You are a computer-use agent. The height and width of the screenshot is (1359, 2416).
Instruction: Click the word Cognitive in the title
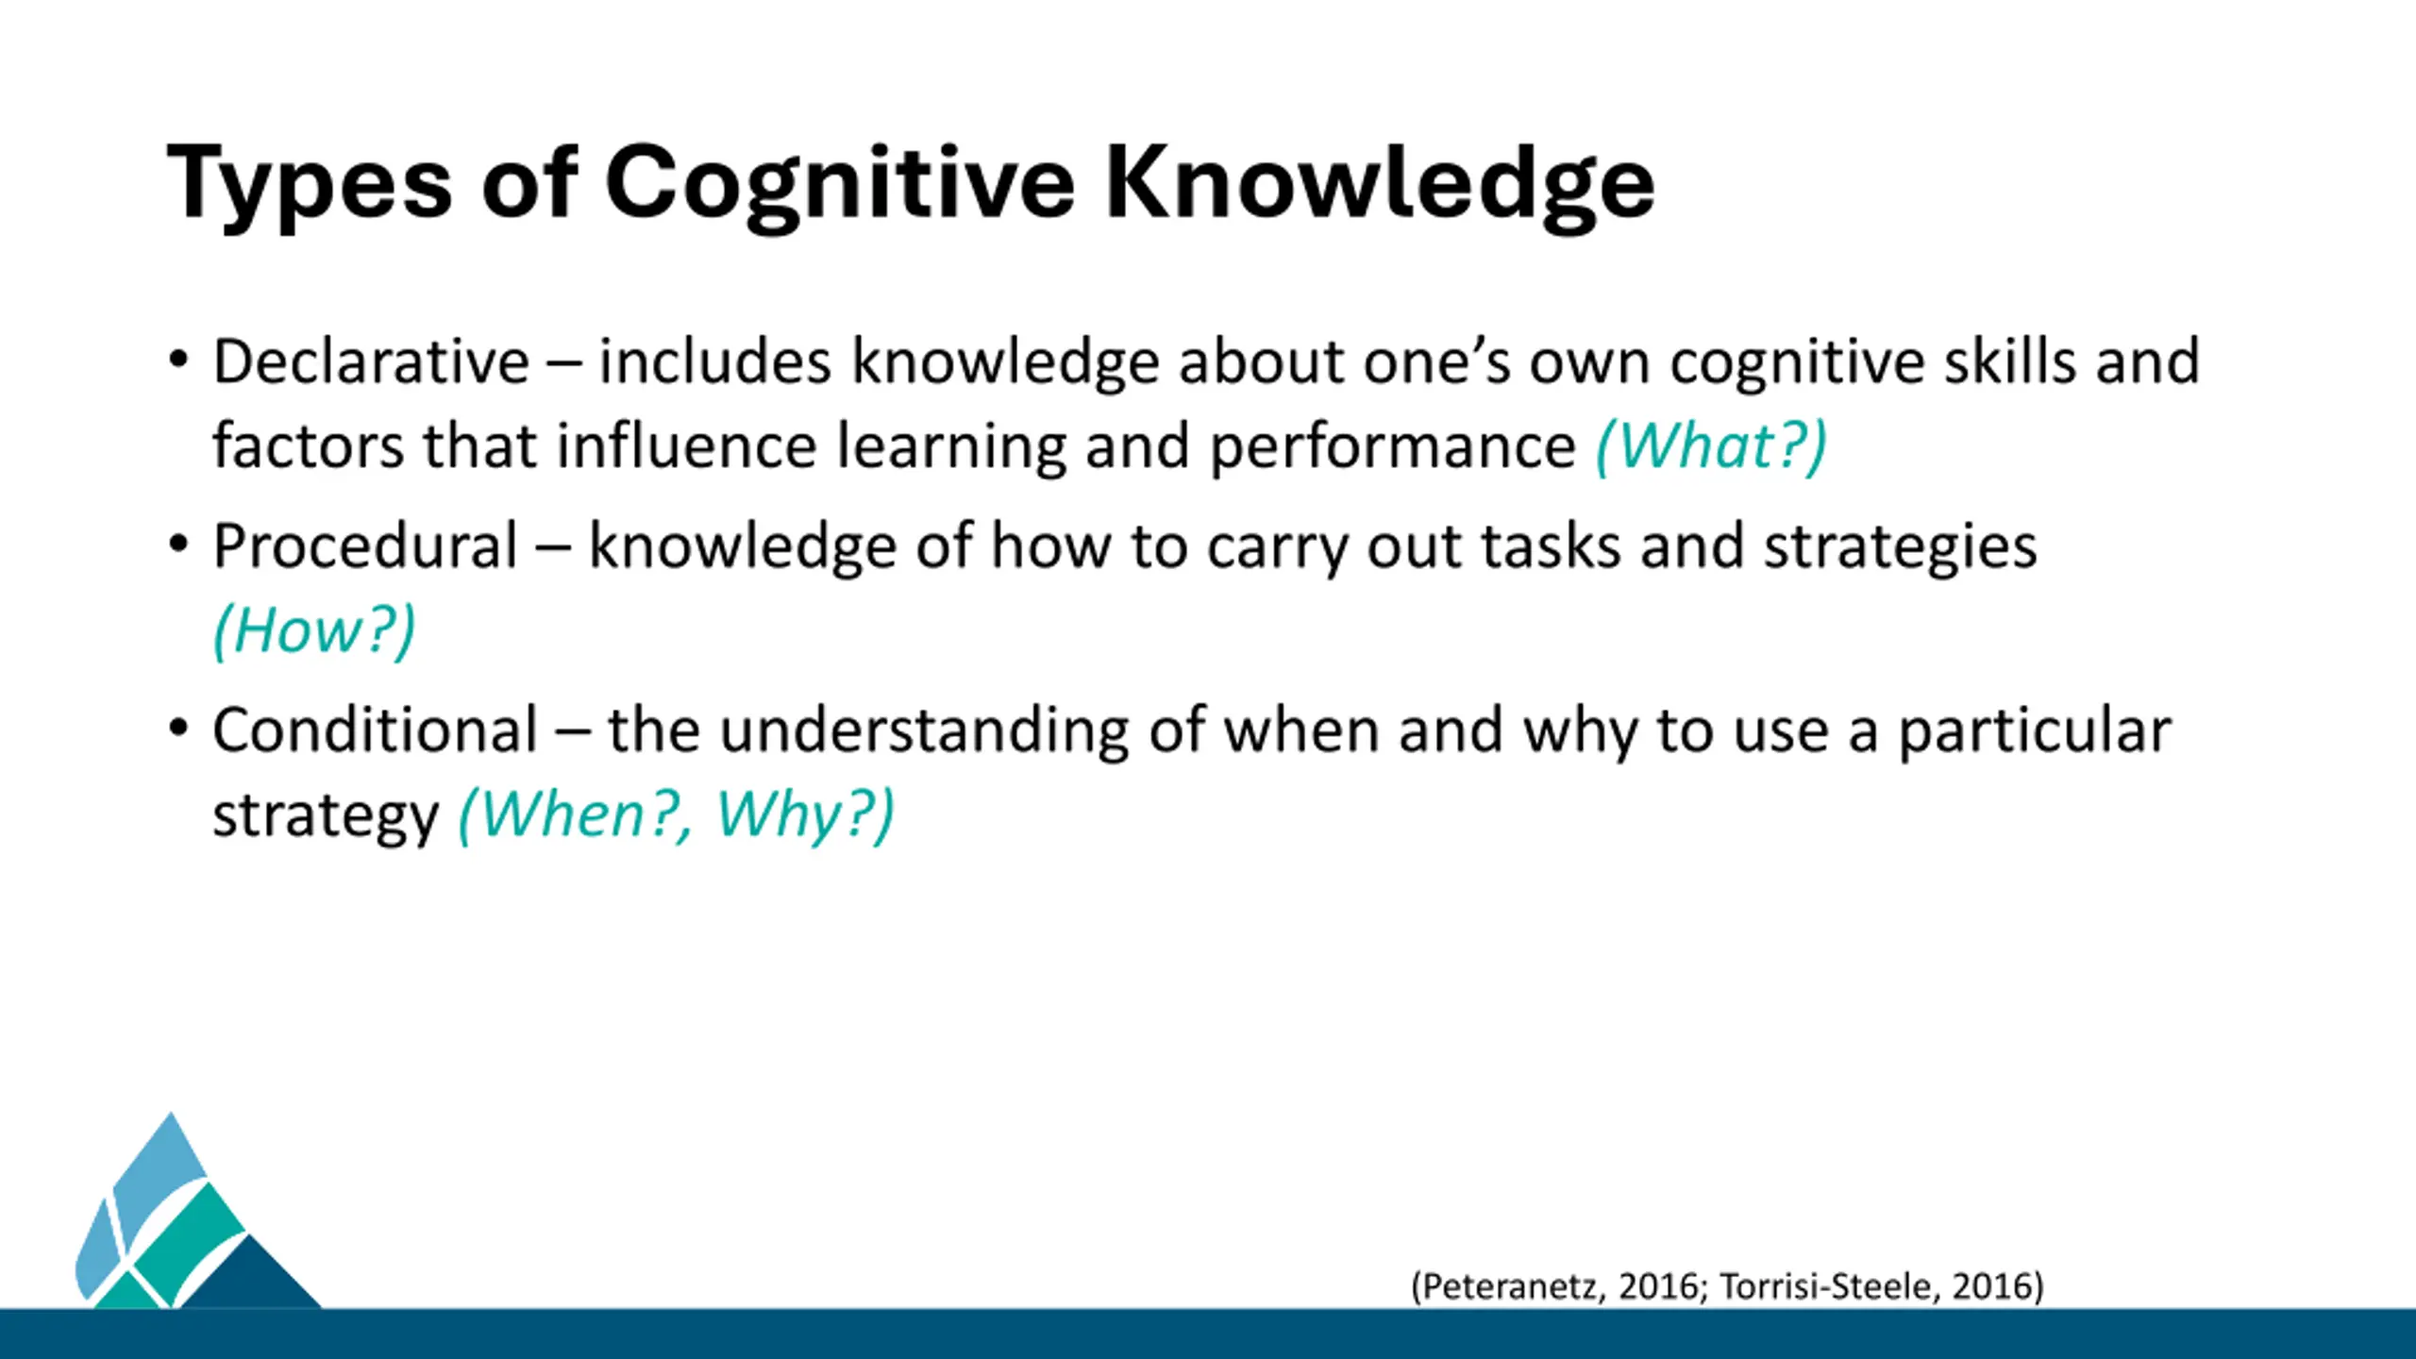[840, 185]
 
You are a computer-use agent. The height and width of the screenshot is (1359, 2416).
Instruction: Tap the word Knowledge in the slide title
[1380, 183]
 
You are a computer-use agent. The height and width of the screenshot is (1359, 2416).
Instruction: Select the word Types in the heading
[310, 185]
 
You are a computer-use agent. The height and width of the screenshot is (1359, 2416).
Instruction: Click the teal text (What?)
[1711, 445]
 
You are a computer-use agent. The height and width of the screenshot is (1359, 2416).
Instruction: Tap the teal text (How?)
[314, 629]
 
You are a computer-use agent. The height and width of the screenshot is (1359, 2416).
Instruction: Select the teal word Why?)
[805, 814]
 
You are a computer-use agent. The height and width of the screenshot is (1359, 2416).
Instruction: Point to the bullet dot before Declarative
[178, 360]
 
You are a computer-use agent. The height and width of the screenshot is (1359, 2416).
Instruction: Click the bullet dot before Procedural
[178, 544]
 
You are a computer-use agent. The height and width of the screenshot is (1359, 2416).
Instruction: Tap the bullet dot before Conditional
[178, 728]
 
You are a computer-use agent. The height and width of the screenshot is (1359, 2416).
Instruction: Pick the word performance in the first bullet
[1392, 447]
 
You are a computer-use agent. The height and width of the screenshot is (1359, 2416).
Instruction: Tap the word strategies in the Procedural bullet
[1901, 547]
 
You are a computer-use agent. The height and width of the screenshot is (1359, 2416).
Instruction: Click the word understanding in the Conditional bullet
[924, 731]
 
